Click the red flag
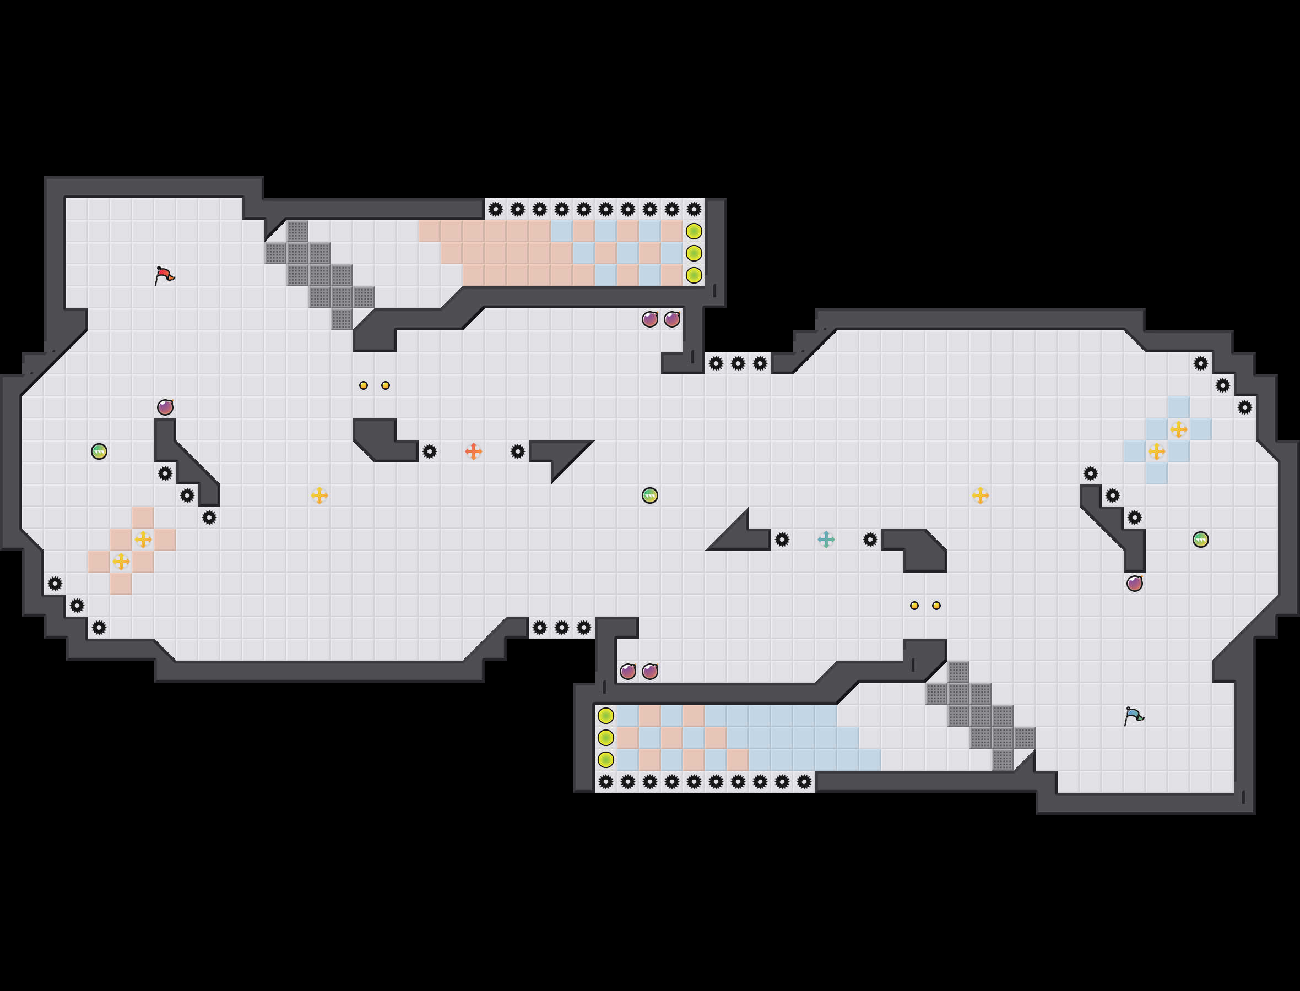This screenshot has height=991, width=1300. pyautogui.click(x=164, y=275)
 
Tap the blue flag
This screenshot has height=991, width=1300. pyautogui.click(x=1133, y=716)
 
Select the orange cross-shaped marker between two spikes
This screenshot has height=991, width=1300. pyautogui.click(x=473, y=451)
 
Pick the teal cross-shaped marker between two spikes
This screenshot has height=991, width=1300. pyautogui.click(x=826, y=539)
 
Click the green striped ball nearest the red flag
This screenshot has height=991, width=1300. pyautogui.click(x=99, y=451)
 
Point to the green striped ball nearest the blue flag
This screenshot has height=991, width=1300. pyautogui.click(x=1200, y=539)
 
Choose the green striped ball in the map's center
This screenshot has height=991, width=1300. pyautogui.click(x=649, y=495)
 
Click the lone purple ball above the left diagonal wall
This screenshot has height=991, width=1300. pyautogui.click(x=165, y=407)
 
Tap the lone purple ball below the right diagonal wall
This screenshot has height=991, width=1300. pyautogui.click(x=1134, y=584)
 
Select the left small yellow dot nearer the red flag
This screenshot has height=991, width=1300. pyautogui.click(x=364, y=385)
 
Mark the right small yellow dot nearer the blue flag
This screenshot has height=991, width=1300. pyautogui.click(x=936, y=605)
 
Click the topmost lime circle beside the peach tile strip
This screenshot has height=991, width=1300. pyautogui.click(x=694, y=231)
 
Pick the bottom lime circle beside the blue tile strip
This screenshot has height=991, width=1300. pyautogui.click(x=606, y=760)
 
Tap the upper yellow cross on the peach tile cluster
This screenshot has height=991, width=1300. pyautogui.click(x=143, y=539)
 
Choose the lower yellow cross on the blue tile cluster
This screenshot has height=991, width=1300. pyautogui.click(x=1156, y=452)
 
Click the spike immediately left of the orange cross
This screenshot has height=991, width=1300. pyautogui.click(x=430, y=451)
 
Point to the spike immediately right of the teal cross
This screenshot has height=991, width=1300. pyautogui.click(x=870, y=539)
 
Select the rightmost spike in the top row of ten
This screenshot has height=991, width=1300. pyautogui.click(x=694, y=209)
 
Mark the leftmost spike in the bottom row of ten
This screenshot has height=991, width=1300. pyautogui.click(x=606, y=782)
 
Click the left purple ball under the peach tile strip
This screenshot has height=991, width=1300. pyautogui.click(x=649, y=319)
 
